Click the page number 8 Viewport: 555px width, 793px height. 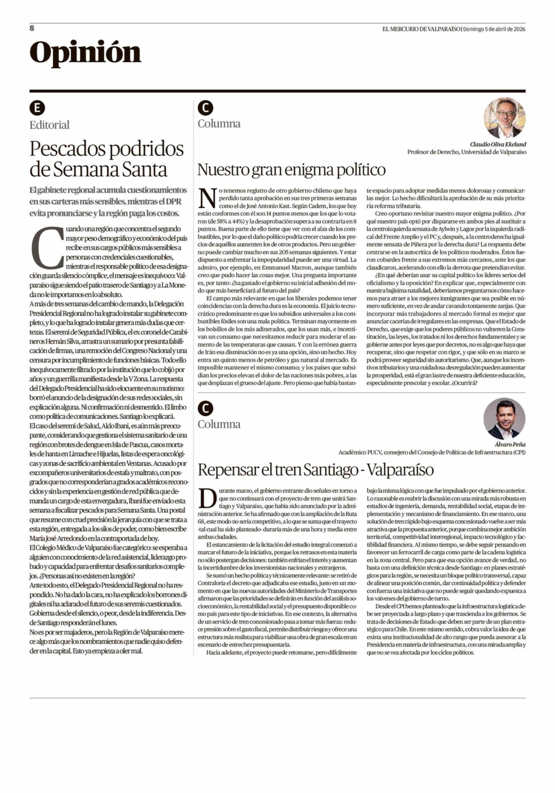(x=32, y=28)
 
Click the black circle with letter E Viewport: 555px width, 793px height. (x=37, y=108)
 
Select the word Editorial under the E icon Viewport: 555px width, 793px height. (x=49, y=125)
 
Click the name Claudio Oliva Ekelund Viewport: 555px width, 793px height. (x=498, y=144)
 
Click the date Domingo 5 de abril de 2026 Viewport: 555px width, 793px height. (x=494, y=29)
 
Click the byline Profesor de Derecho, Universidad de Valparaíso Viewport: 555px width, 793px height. (x=467, y=152)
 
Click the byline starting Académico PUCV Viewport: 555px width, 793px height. (x=432, y=452)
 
